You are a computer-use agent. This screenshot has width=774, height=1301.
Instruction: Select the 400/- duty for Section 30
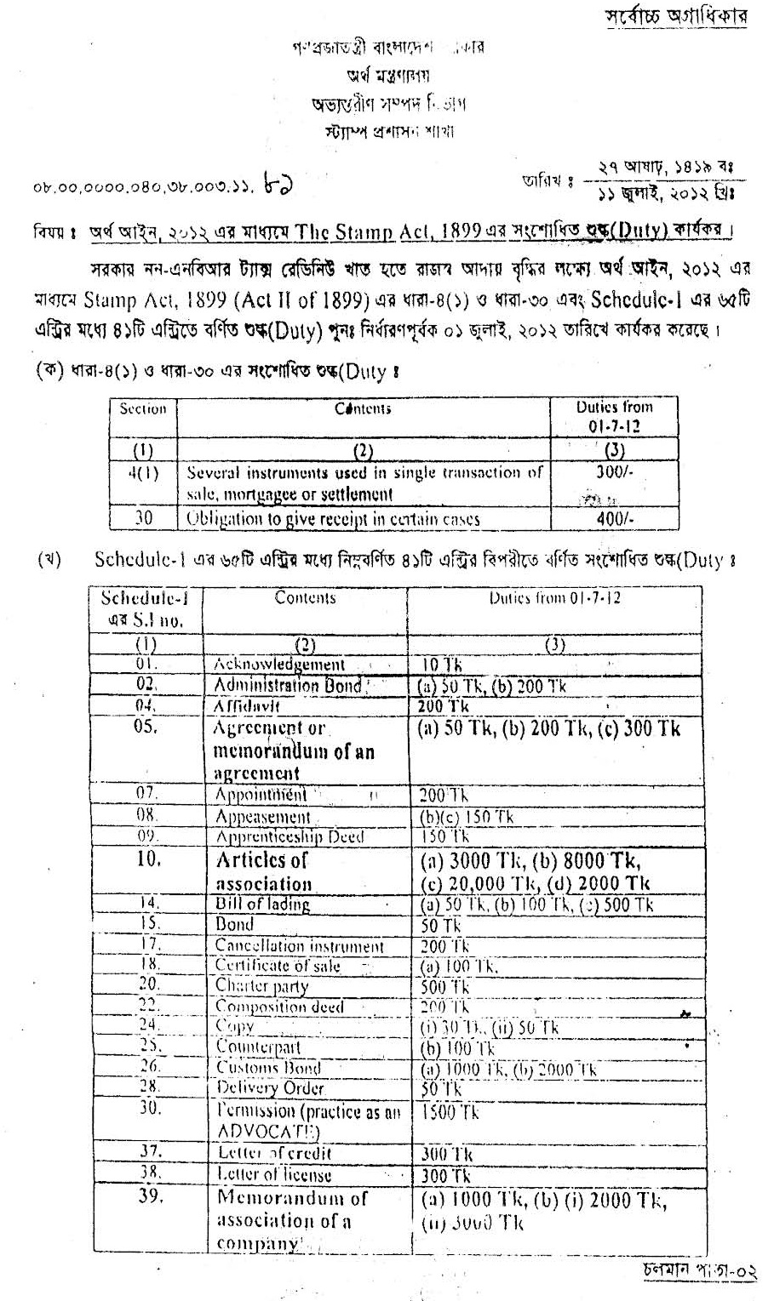[614, 518]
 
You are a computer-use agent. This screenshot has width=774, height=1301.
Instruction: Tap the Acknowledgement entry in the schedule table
[279, 665]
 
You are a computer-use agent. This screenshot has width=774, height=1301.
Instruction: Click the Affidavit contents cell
[259, 706]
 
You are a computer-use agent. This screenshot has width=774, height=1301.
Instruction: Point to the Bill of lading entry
[262, 904]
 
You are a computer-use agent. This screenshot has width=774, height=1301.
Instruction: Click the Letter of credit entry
[274, 1154]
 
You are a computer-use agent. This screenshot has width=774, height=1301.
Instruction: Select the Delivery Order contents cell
[270, 1088]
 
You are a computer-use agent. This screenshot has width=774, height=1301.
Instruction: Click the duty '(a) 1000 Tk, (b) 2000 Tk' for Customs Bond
[507, 1070]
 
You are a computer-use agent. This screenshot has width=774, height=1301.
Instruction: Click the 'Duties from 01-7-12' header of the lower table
[553, 598]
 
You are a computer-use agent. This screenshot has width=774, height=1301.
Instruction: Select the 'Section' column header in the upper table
[143, 409]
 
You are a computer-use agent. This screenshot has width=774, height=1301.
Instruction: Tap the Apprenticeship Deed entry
[289, 837]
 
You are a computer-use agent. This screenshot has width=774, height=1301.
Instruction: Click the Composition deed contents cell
[279, 1007]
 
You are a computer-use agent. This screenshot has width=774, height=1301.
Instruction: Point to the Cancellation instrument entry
[299, 946]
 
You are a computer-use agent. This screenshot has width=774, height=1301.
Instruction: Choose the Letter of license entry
[273, 1175]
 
